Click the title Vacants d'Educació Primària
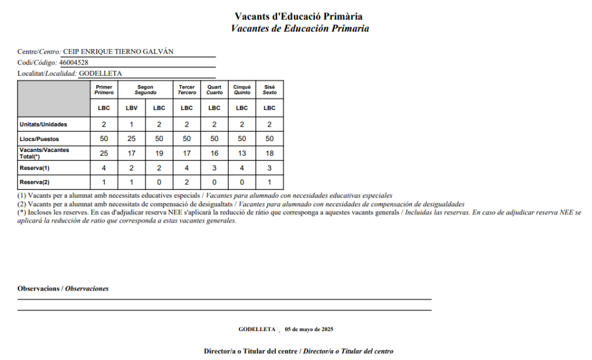299,16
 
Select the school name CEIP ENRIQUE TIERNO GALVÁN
117,51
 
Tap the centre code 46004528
74,62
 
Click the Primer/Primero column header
104,90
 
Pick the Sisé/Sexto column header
269,90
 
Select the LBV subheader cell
131,107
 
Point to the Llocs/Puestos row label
39,139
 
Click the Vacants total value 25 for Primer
104,153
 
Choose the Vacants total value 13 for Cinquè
242,153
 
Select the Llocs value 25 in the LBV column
131,139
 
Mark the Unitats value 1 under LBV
131,124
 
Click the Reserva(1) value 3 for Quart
214,168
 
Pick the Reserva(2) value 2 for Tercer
187,182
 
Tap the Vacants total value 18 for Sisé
269,153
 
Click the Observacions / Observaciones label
63,288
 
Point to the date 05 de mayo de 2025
309,329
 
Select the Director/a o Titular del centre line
299,351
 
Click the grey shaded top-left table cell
54,98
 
